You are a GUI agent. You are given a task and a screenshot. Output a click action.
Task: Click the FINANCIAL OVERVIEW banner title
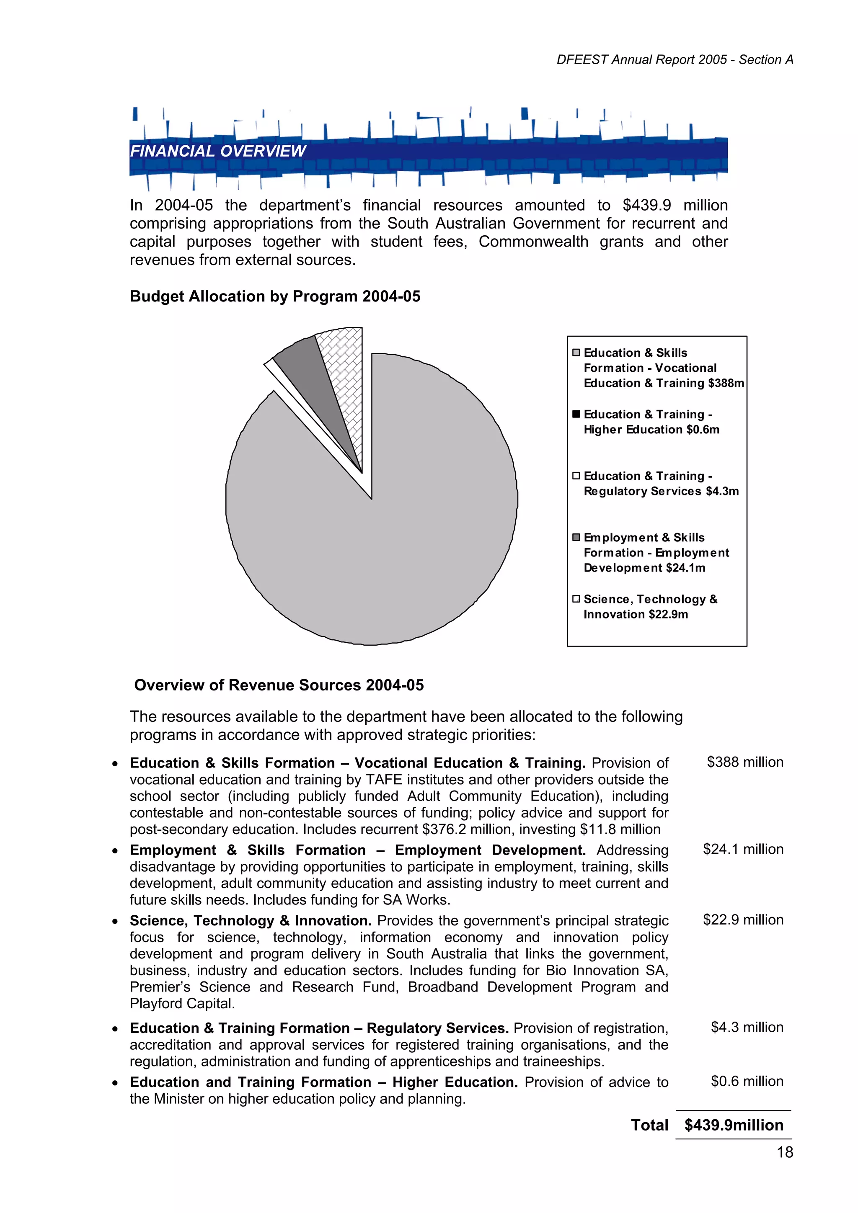(218, 151)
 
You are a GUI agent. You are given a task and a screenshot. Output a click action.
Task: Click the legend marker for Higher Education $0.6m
(576, 414)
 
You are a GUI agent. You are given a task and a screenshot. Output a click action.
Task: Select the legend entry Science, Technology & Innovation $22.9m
(650, 606)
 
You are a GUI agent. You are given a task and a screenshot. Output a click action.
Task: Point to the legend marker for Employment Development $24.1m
(576, 537)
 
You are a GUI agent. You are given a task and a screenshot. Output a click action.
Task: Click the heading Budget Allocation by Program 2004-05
(275, 296)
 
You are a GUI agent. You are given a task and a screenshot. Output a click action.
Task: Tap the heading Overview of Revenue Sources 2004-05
(279, 685)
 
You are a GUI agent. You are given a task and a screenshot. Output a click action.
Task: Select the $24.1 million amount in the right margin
(743, 849)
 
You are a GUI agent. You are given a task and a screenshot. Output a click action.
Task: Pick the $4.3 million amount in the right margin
(747, 1028)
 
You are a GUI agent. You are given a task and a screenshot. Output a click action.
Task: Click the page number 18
(785, 1152)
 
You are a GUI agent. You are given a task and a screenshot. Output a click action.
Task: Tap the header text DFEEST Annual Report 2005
(642, 60)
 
